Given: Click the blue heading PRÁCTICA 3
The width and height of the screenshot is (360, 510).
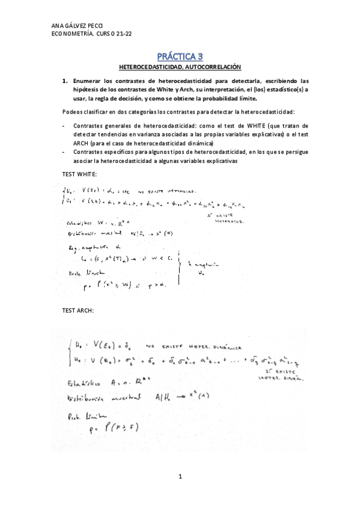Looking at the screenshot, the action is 180,57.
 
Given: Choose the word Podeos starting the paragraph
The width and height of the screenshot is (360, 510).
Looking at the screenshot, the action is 72,112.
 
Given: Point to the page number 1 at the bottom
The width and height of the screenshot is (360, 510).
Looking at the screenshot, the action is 180,476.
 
